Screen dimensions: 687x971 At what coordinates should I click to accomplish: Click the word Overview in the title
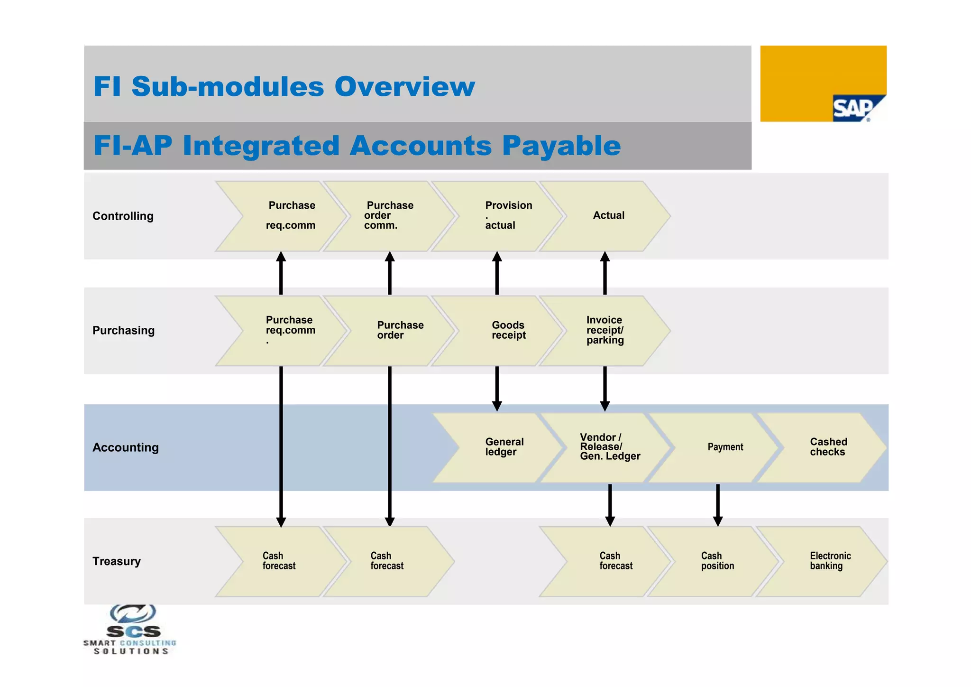pyautogui.click(x=404, y=86)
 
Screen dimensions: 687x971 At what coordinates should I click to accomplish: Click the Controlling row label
pyautogui.click(x=123, y=216)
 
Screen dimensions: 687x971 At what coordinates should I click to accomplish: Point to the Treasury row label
pyautogui.click(x=116, y=561)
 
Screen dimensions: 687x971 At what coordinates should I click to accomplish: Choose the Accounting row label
pyautogui.click(x=125, y=447)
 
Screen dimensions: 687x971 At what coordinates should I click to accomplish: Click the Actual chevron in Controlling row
pyautogui.click(x=608, y=216)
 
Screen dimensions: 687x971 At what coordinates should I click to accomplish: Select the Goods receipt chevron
pyautogui.click(x=507, y=330)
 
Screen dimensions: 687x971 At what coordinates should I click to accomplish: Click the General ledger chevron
pyautogui.click(x=504, y=447)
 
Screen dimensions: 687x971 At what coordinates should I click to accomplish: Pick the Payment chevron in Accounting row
pyautogui.click(x=724, y=447)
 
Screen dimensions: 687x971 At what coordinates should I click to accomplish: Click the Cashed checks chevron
pyautogui.click(x=827, y=447)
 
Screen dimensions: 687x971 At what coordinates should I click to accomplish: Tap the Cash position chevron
pyautogui.click(x=717, y=561)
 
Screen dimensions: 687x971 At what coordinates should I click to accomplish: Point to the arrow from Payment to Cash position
pyautogui.click(x=718, y=504)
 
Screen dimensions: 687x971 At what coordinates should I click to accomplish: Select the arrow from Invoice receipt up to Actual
pyautogui.click(x=605, y=274)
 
